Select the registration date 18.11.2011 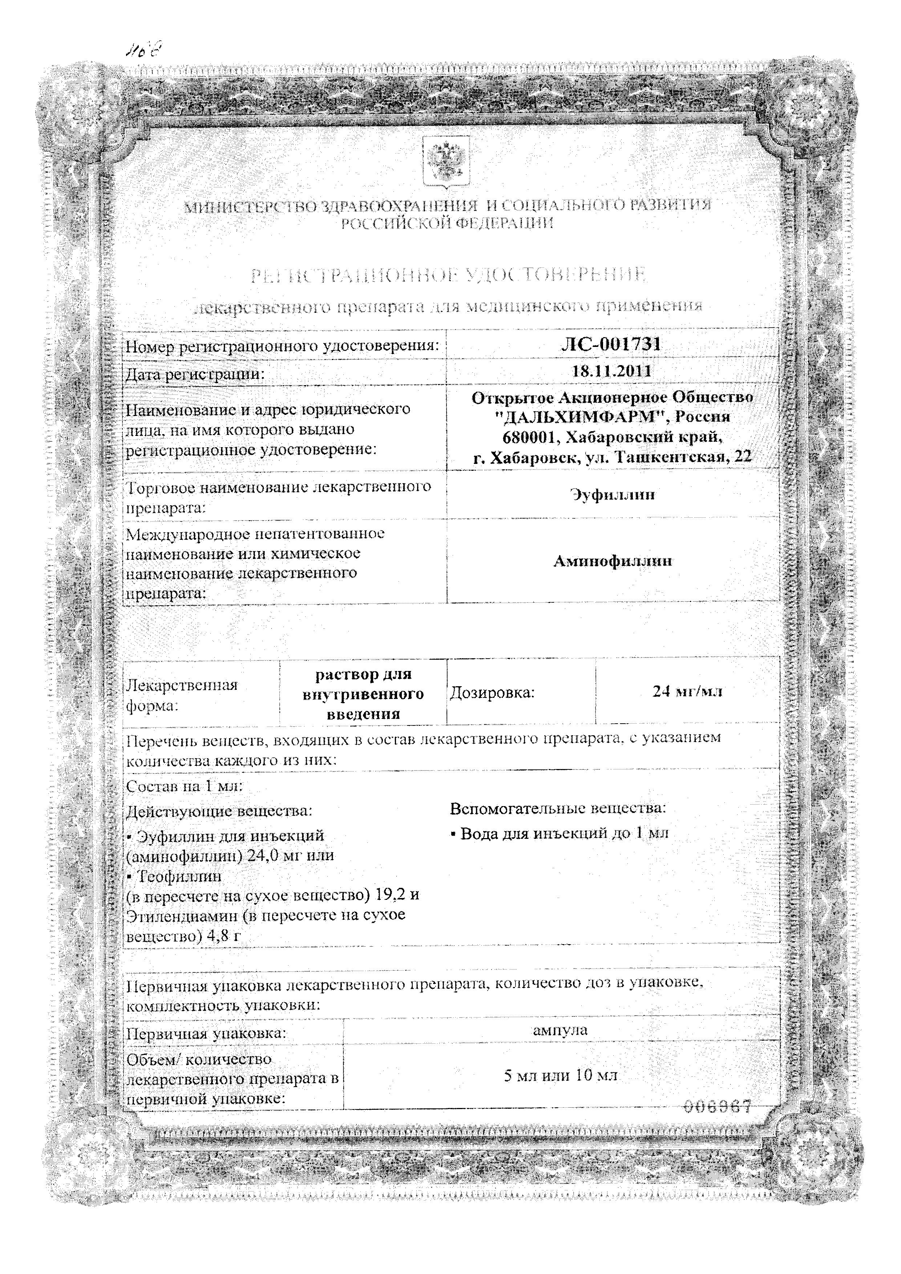(612, 371)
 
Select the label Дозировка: (492, 692)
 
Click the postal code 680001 (529, 437)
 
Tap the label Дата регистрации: (195, 374)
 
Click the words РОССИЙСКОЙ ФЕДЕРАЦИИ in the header (447, 224)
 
